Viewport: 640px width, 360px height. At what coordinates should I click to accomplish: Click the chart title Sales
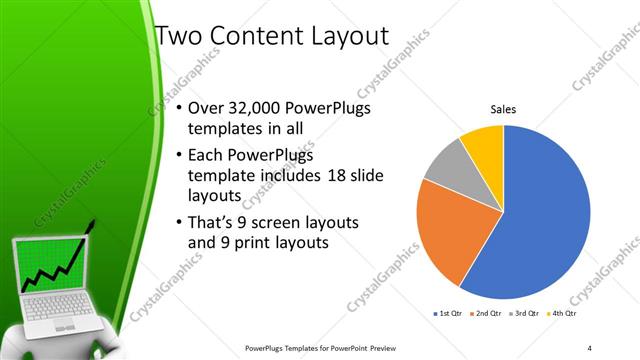tap(502, 111)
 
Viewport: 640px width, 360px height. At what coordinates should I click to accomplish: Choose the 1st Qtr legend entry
tap(446, 314)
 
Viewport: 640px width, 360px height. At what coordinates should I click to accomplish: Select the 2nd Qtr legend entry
tap(485, 314)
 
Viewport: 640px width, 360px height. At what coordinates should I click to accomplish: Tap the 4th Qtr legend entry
tap(563, 314)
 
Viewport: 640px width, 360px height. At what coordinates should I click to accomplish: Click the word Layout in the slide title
tap(350, 38)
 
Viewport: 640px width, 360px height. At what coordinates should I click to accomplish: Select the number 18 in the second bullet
tap(335, 176)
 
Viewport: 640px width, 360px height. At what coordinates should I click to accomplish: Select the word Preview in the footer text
tap(381, 347)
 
